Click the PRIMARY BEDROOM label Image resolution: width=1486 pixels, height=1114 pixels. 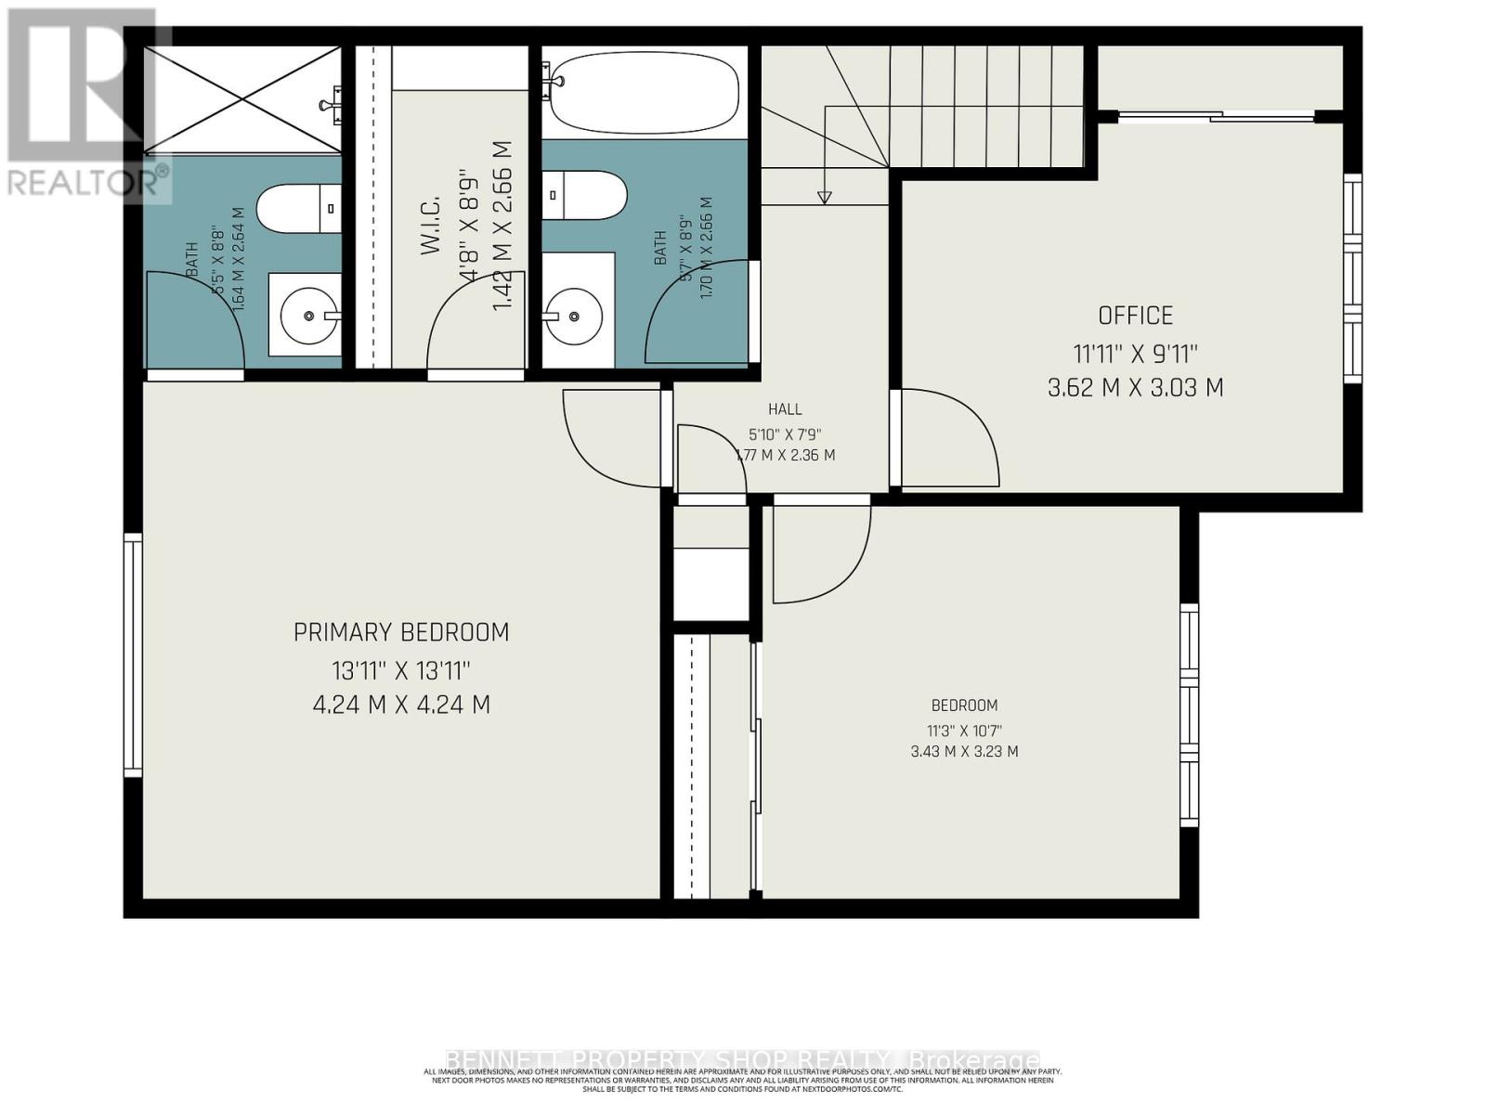(401, 632)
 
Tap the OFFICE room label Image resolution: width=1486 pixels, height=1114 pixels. (1135, 316)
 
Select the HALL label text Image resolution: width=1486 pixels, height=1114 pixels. (785, 408)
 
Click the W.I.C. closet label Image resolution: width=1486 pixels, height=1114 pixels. (430, 237)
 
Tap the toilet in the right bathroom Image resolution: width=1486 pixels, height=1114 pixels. (585, 195)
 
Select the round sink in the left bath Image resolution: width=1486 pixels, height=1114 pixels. (306, 315)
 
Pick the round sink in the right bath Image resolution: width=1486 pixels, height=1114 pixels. (575, 316)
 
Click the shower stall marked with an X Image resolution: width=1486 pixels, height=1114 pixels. (241, 99)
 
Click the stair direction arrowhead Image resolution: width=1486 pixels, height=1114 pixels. (824, 197)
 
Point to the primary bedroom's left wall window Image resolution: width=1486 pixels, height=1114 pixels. (133, 654)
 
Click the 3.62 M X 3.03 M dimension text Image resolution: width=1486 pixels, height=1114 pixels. (1135, 388)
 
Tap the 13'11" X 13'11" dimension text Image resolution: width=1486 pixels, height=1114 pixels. (401, 669)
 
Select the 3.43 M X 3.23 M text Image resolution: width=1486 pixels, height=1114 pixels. (964, 751)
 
